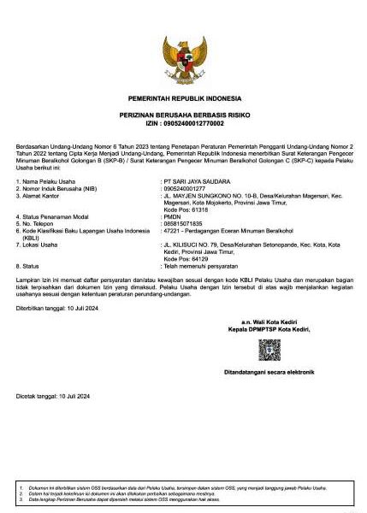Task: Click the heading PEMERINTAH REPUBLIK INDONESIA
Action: (184, 99)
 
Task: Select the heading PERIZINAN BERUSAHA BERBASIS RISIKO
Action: (184, 115)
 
